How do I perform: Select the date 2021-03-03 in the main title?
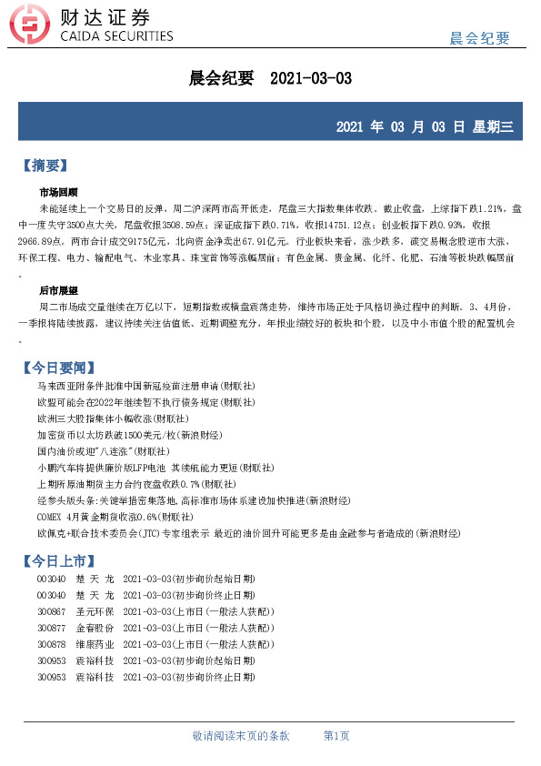point(311,79)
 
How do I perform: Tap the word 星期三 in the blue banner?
point(493,126)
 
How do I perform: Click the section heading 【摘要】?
point(45,166)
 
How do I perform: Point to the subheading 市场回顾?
point(58,192)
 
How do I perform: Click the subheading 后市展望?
point(58,290)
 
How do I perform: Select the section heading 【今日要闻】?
point(57,368)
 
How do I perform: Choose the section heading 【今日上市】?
point(57,558)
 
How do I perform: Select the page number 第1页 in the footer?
point(336,735)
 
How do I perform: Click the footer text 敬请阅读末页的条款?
point(241,735)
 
